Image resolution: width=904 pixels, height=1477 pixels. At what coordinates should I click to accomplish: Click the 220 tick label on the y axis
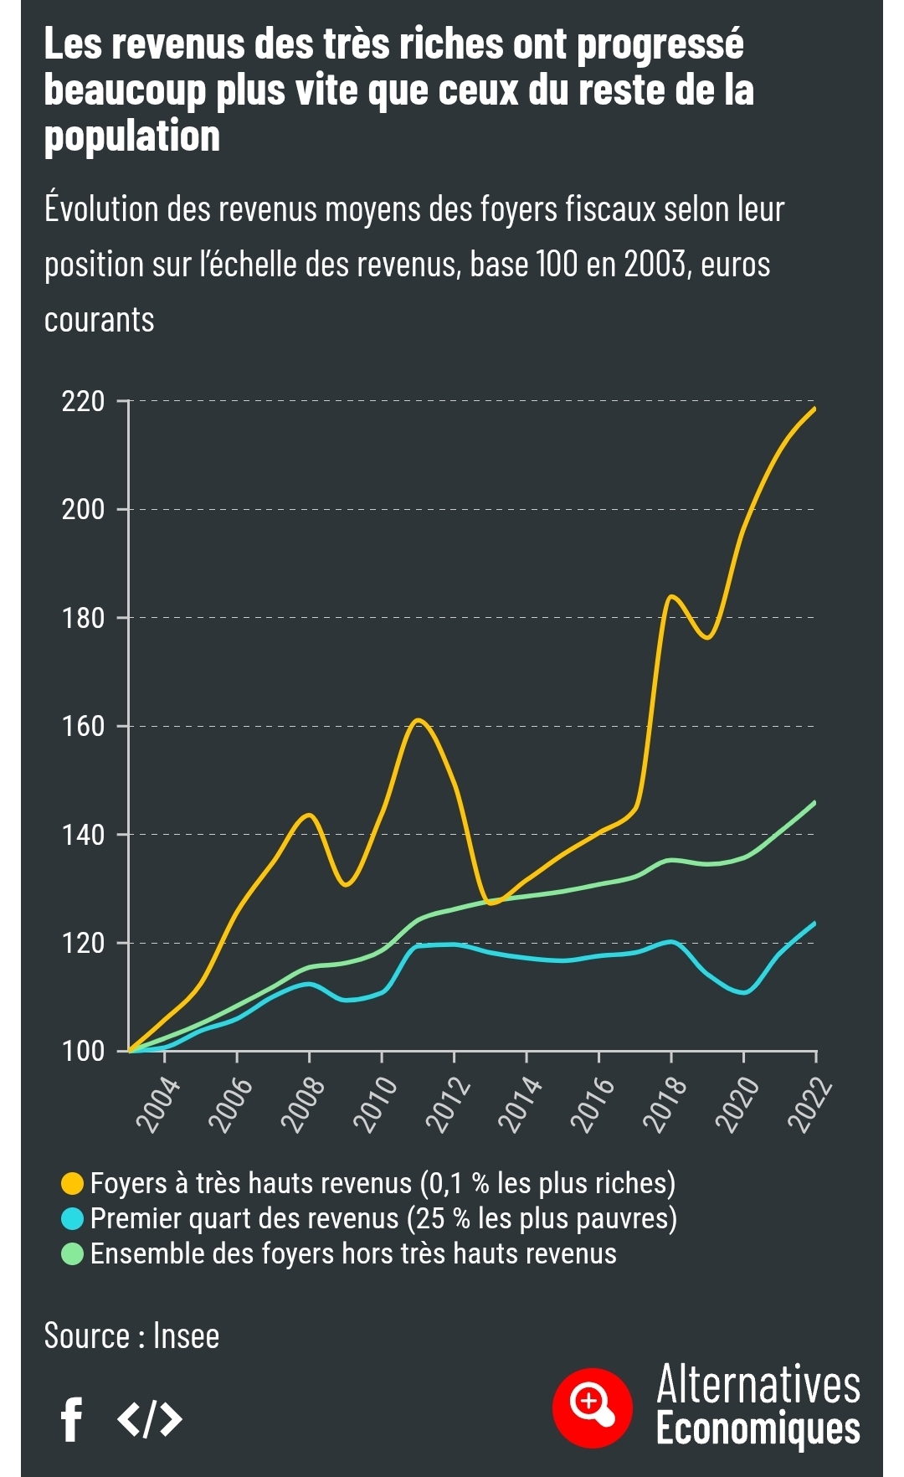(x=84, y=402)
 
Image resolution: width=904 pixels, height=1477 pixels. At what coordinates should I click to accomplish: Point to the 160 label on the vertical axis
(x=84, y=726)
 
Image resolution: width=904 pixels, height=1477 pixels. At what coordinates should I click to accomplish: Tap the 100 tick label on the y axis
(x=84, y=1051)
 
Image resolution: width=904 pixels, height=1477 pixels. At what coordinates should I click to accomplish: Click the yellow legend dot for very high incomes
(x=74, y=1183)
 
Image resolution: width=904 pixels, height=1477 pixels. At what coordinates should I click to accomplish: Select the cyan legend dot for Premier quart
(x=74, y=1218)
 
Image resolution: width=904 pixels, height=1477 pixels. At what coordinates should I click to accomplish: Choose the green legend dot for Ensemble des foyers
(x=74, y=1253)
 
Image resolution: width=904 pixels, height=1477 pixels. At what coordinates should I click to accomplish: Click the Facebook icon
(x=73, y=1419)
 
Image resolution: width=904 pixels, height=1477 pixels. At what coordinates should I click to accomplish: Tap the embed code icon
(x=150, y=1419)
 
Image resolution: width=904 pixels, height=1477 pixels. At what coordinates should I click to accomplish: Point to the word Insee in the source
(x=186, y=1336)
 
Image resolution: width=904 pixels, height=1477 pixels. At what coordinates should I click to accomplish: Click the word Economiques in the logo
(x=758, y=1428)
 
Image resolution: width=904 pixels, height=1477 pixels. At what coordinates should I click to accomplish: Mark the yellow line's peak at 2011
(x=418, y=720)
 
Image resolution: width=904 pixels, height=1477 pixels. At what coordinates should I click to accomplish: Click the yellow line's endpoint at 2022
(x=814, y=409)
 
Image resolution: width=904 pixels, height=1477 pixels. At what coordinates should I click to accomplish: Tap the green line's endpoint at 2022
(x=814, y=803)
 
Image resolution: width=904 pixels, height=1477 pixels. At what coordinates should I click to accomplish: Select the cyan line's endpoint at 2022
(x=814, y=924)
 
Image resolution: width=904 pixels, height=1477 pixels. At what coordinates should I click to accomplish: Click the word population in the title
(x=132, y=136)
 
